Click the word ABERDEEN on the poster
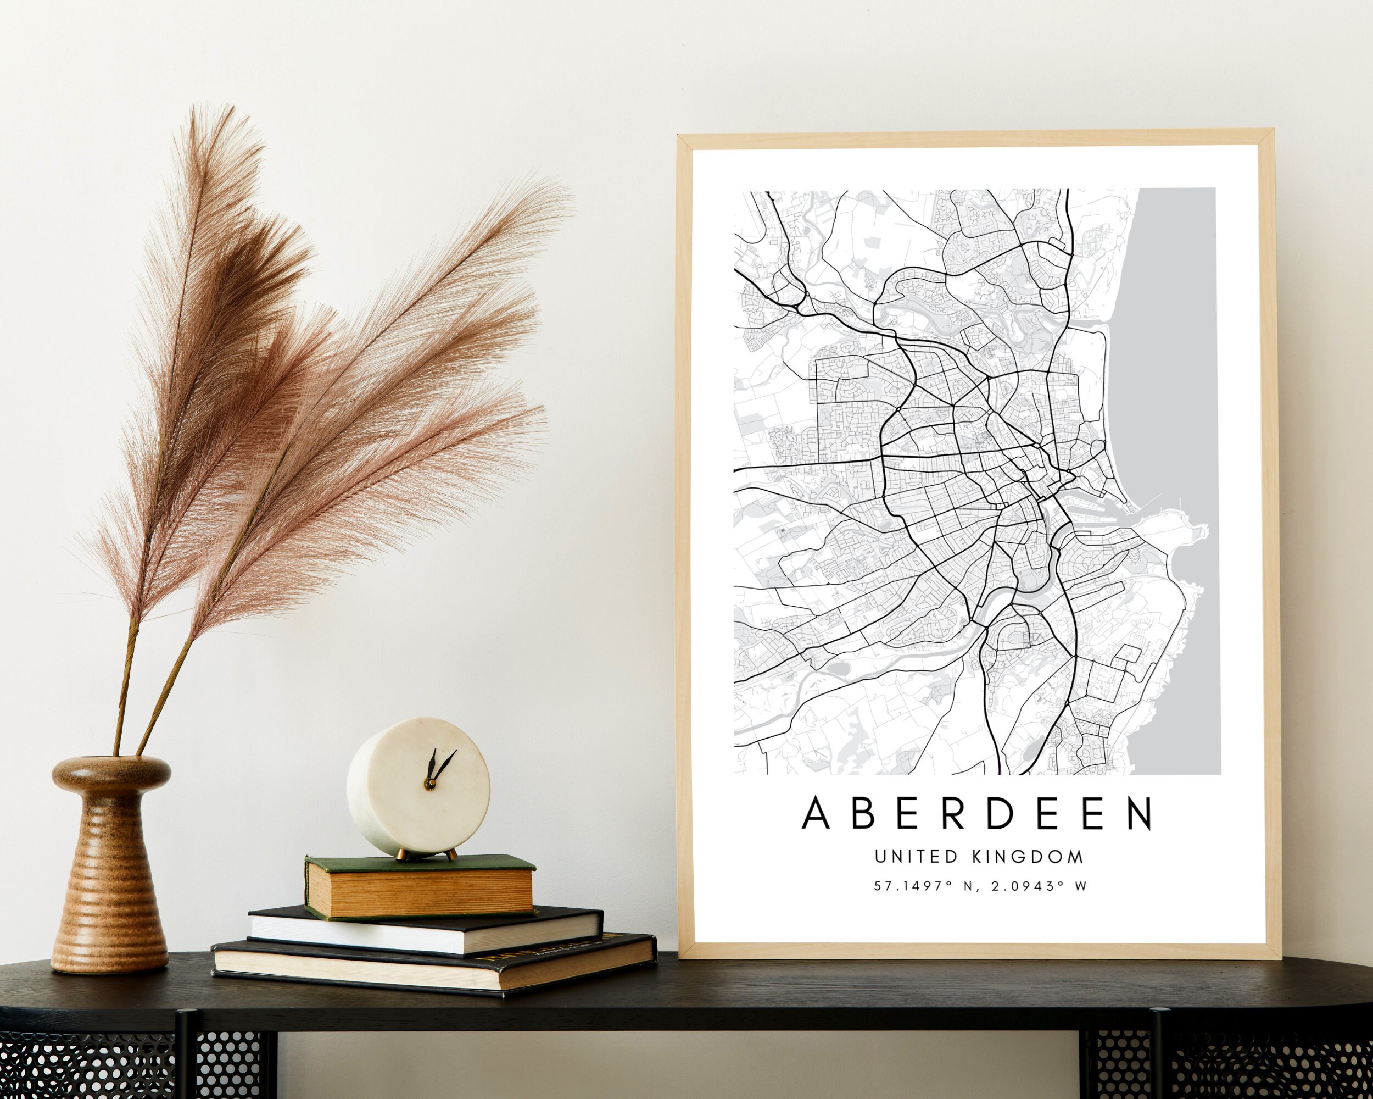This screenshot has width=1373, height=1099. click(977, 813)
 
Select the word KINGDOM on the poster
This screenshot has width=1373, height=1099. click(1029, 857)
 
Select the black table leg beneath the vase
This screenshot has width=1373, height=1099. click(185, 1058)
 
